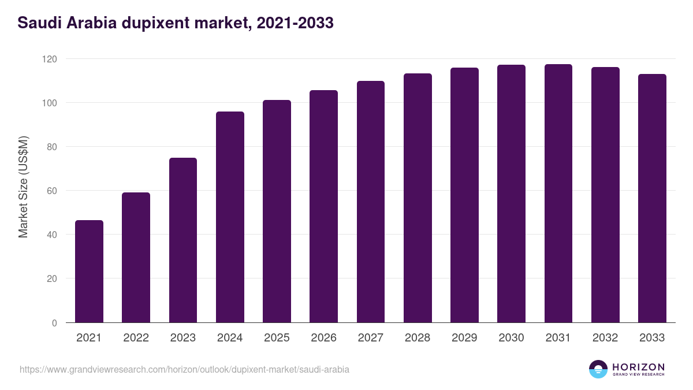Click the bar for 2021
[x=89, y=272]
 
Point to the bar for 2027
[x=371, y=202]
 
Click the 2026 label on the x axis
[x=323, y=338]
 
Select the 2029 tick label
[x=464, y=338]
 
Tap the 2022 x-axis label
[x=136, y=338]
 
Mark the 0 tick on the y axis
[x=54, y=323]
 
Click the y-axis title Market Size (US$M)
[x=23, y=187]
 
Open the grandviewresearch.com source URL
[x=184, y=369]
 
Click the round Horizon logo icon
[x=598, y=369]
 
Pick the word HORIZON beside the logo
[x=638, y=367]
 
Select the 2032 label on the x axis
[x=605, y=338]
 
